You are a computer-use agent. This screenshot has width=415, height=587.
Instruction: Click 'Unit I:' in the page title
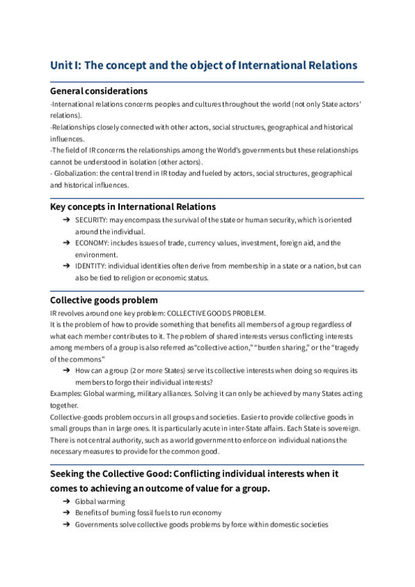[x=68, y=65]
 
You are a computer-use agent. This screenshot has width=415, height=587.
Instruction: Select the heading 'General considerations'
[x=99, y=91]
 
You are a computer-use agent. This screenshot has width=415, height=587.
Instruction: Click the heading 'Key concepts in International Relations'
[x=133, y=206]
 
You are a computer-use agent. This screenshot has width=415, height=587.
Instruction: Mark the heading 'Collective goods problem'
[x=104, y=300]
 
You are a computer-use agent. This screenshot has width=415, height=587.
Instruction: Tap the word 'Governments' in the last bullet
[x=97, y=525]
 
